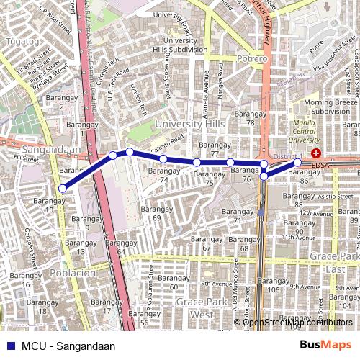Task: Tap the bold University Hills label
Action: [x=189, y=124]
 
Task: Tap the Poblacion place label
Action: [x=69, y=273]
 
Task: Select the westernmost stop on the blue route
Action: [x=63, y=189]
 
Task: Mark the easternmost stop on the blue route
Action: [x=297, y=163]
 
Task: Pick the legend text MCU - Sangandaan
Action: [x=68, y=346]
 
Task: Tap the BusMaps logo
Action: [x=325, y=345]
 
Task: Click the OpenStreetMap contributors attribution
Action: [x=298, y=322]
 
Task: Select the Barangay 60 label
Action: [x=173, y=282]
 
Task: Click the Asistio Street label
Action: [x=336, y=196]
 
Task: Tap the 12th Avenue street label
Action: [x=318, y=212]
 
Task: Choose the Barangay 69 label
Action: [x=156, y=212]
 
